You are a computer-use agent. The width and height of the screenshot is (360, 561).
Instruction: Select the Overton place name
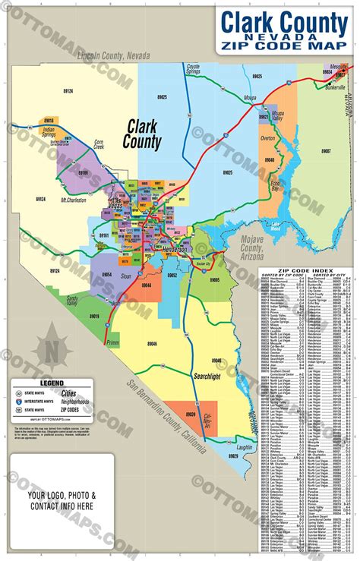(267, 139)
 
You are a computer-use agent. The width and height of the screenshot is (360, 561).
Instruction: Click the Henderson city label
(176, 250)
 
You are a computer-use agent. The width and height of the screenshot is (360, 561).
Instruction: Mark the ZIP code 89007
(326, 150)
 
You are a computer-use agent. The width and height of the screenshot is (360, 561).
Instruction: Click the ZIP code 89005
(215, 280)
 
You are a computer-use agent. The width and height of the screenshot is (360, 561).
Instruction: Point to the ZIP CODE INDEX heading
(306, 269)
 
